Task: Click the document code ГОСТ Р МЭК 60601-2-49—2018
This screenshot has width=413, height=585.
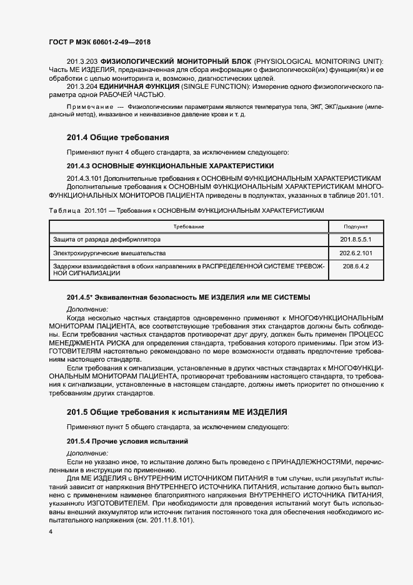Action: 99,41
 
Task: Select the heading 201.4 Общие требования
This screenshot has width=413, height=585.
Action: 118,137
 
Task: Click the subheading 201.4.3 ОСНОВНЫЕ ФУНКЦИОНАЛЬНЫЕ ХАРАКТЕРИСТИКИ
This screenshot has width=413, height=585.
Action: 170,166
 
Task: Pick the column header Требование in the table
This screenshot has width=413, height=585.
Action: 189,226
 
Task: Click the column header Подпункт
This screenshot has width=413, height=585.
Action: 356,226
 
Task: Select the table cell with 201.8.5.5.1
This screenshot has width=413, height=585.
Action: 356,240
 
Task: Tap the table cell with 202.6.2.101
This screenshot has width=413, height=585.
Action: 356,253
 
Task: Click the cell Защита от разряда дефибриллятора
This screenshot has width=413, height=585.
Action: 107,240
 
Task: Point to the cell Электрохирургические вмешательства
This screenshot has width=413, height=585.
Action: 109,253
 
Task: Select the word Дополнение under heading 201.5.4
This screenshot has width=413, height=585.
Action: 87,452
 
